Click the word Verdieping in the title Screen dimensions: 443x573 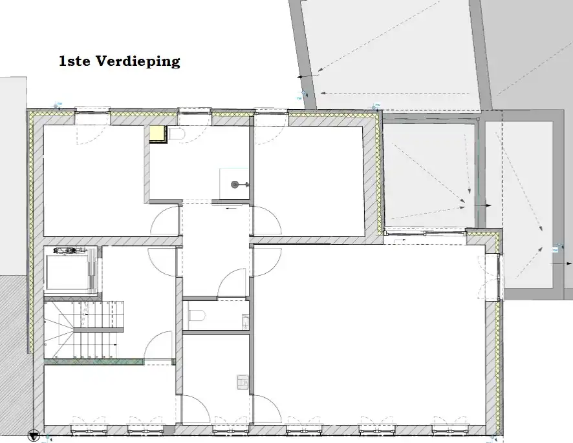[138, 62]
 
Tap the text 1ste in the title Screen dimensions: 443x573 [75, 62]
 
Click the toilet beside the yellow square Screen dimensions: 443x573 [177, 134]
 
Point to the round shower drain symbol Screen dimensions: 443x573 [235, 185]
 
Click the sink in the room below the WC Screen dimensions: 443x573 [242, 383]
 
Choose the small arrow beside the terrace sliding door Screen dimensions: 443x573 [398, 239]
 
